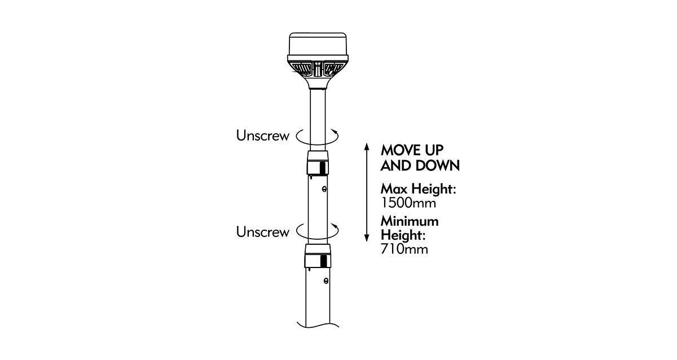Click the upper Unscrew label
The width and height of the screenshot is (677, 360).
[x=263, y=136]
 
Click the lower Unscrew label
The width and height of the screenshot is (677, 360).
[x=263, y=232]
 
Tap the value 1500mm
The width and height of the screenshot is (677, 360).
[x=408, y=203]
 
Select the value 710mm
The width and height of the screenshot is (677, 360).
[x=405, y=249]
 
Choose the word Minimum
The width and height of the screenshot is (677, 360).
[x=410, y=221]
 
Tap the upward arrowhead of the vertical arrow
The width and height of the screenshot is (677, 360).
[x=367, y=147]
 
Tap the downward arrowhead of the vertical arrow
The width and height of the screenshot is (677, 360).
[x=367, y=238]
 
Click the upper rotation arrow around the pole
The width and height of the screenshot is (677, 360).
[x=317, y=137]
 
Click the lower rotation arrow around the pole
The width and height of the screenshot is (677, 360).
[x=317, y=231]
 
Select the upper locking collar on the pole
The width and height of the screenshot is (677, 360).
[x=318, y=163]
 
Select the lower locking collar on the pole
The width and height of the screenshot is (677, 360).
[x=318, y=256]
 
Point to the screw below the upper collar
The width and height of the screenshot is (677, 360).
[x=324, y=189]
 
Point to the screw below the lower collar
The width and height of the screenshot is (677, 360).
[x=326, y=281]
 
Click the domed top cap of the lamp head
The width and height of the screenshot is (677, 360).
[x=318, y=44]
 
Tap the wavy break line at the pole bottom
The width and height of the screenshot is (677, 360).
[x=318, y=324]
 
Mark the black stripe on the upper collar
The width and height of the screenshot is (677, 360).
[x=323, y=168]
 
